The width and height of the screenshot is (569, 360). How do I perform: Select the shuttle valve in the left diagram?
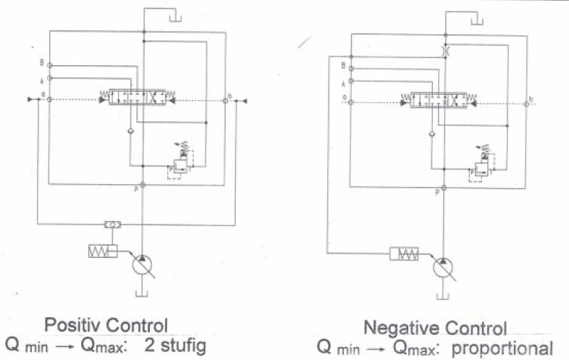113,225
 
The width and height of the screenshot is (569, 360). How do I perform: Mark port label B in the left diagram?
42,62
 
